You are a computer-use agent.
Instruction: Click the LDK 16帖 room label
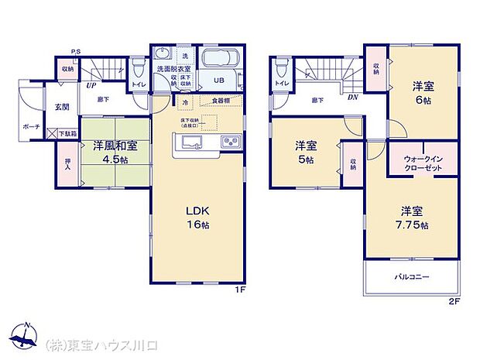click(x=197, y=218)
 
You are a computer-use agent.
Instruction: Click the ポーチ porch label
click(x=31, y=125)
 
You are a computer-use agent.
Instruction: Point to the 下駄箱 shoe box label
click(x=68, y=134)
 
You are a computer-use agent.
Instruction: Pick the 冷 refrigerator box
click(x=187, y=101)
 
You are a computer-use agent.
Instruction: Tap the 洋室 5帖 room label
click(x=305, y=152)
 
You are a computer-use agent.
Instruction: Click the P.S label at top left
click(x=76, y=53)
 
